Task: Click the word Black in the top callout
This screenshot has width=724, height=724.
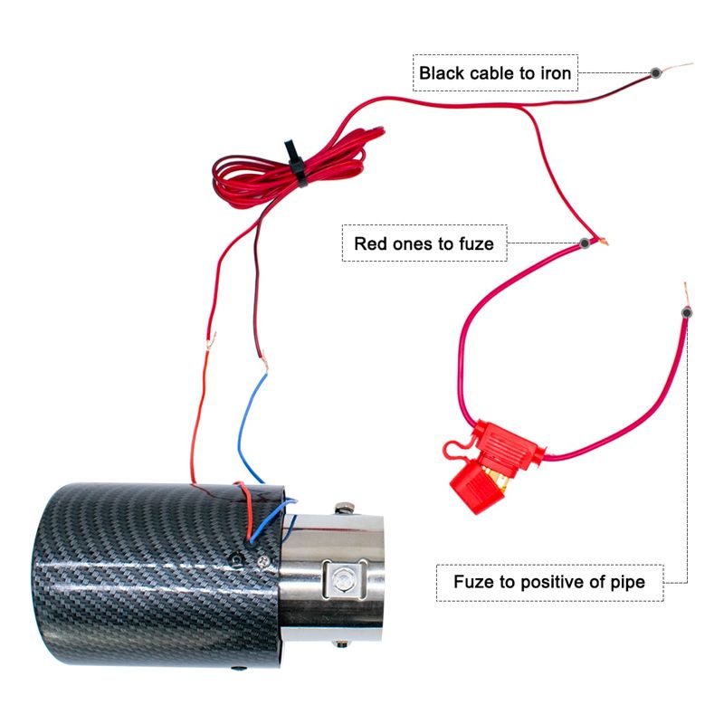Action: point(442,73)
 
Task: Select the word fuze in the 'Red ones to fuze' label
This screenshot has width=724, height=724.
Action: point(476,243)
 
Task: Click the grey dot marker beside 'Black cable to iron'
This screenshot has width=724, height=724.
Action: point(655,72)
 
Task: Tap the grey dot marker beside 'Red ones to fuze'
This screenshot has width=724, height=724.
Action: point(585,243)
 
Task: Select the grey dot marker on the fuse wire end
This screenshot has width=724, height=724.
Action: point(687,313)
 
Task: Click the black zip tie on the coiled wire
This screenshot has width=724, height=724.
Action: point(296,163)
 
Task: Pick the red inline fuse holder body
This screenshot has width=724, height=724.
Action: point(508,443)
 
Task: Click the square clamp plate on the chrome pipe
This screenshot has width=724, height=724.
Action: point(344,577)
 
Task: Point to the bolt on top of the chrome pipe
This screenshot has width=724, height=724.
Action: point(344,509)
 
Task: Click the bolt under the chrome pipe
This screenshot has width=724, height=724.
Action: point(342,643)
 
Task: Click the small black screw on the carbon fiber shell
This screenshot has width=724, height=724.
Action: point(236,560)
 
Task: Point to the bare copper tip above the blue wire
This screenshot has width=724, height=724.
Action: point(264,363)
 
